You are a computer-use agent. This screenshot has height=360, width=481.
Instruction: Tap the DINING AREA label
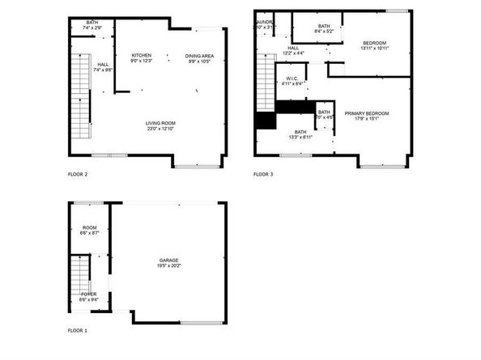(199, 55)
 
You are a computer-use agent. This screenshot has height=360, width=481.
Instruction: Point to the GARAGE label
(169, 260)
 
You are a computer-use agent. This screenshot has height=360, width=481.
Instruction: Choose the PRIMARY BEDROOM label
(367, 113)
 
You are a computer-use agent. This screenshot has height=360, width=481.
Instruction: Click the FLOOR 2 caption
(78, 174)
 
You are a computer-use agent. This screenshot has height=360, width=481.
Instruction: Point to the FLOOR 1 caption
(78, 331)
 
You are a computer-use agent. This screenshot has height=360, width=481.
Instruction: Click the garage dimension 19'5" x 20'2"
(169, 265)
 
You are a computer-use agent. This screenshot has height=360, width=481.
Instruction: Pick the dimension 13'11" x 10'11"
(374, 48)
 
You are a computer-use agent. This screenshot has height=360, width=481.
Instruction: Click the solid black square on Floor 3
(265, 121)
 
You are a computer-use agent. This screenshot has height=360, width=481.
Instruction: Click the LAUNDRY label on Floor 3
(266, 22)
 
